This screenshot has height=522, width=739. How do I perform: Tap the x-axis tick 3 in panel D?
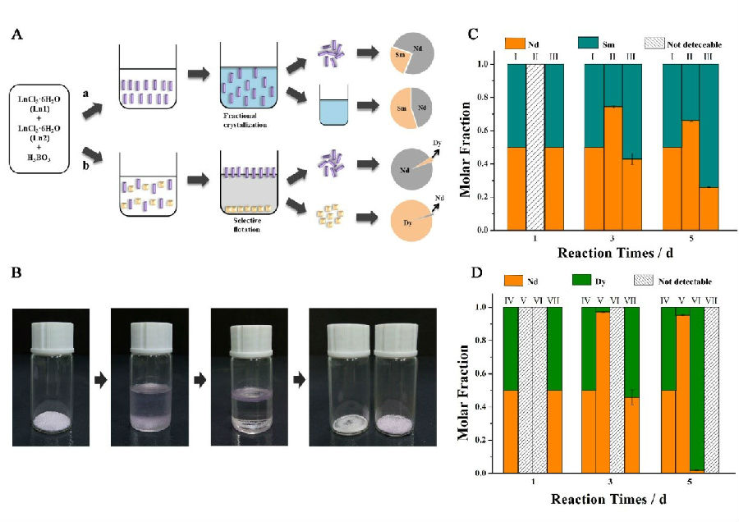[x=610, y=484]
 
